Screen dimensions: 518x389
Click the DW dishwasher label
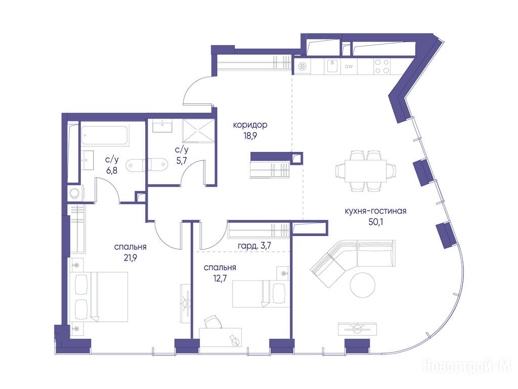349,66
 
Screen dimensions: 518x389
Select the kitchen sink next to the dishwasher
332,66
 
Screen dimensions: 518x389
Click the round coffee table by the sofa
363,285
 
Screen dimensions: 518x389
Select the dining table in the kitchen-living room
366,171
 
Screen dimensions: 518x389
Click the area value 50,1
375,222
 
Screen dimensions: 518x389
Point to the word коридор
250,125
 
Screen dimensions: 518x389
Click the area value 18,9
250,136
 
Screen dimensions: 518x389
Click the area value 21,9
130,258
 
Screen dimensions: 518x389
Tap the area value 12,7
220,278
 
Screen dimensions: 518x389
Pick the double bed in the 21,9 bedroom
99,297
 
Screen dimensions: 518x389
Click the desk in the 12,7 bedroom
221,337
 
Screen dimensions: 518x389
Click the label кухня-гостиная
375,211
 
